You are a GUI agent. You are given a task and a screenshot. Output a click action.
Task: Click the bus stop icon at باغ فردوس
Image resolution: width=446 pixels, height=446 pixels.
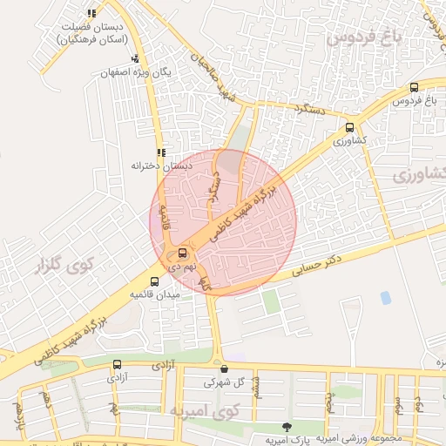point(413,87)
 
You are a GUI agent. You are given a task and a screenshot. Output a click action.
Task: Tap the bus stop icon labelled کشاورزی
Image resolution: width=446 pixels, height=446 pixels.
point(350,126)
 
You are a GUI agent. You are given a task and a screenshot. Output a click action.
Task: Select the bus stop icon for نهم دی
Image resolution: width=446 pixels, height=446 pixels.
point(171,254)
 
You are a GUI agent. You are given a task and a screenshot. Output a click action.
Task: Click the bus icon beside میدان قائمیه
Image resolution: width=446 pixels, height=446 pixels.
point(155,281)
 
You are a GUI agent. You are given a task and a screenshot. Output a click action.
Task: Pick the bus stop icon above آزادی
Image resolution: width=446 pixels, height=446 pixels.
point(118,366)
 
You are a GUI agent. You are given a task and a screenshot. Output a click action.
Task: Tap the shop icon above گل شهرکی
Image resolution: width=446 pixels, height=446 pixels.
point(224,368)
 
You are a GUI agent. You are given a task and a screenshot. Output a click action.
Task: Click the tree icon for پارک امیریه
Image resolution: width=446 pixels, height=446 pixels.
point(287,426)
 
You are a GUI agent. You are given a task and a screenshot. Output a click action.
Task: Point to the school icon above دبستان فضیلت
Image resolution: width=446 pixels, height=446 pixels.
point(92,12)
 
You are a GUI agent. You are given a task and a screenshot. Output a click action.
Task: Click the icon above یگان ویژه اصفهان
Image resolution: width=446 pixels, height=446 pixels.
point(133,59)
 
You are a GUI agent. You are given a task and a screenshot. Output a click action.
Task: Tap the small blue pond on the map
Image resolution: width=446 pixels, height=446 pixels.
point(385,298)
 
